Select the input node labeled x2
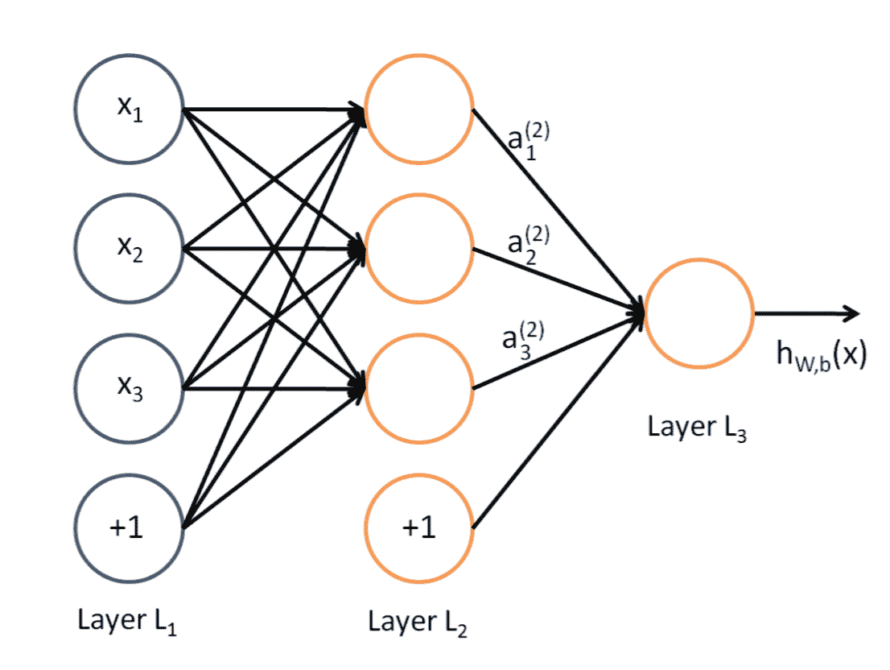tap(130, 249)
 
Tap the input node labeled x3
tap(130, 388)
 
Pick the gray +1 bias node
tap(130, 528)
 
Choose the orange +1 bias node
tap(418, 528)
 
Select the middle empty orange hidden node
tap(418, 249)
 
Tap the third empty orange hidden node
tap(418, 388)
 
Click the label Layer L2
tap(417, 622)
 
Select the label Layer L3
tap(698, 428)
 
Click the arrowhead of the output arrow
tap(851, 313)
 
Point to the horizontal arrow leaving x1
tap(266, 110)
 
